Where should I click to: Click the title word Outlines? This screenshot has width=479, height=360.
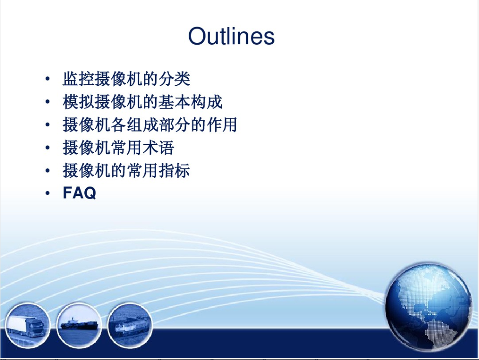click(231, 36)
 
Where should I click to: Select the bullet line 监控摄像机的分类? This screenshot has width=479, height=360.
click(126, 79)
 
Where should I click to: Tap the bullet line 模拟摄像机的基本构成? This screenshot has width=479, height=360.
click(143, 102)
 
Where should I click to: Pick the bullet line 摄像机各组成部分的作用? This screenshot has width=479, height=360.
click(150, 125)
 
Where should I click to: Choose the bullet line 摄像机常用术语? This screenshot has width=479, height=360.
click(118, 148)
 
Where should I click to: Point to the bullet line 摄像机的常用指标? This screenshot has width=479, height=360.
click(126, 171)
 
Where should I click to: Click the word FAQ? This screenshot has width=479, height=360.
click(79, 193)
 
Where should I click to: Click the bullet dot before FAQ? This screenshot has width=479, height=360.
click(48, 193)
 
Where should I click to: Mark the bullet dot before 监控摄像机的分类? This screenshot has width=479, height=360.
click(48, 79)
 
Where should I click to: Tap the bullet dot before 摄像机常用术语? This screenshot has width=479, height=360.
click(48, 148)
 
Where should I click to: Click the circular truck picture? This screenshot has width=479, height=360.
click(27, 325)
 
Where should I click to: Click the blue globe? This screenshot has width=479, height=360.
click(428, 306)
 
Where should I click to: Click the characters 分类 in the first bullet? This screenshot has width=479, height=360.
click(174, 79)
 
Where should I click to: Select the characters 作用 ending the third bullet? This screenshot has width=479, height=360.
click(222, 125)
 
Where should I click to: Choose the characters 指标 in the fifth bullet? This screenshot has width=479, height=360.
click(174, 171)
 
